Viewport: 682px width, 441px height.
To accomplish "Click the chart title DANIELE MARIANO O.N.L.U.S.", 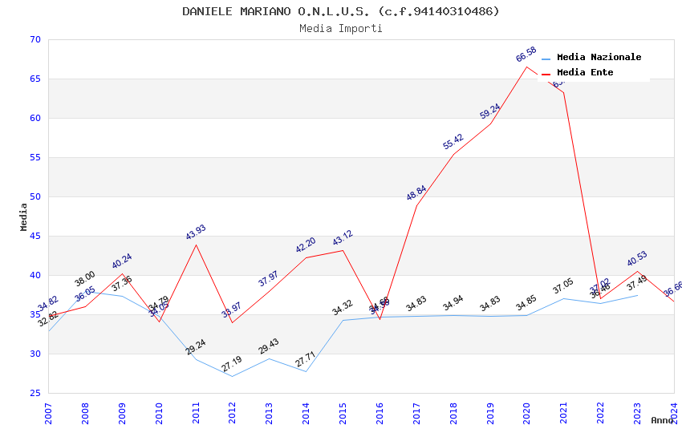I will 340,11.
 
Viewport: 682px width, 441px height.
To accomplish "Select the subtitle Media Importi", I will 340,29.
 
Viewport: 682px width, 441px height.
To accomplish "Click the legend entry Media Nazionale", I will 599,57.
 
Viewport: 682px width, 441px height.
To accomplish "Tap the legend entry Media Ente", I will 584,72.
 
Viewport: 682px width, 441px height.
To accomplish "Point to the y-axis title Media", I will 24,216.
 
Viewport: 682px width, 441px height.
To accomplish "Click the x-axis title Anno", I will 662,420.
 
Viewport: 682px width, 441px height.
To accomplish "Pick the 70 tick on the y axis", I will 34,40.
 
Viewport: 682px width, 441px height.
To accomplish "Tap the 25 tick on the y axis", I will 34,394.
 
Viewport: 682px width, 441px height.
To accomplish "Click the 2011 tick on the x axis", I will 196,414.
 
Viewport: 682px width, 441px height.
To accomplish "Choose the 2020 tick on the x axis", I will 527,414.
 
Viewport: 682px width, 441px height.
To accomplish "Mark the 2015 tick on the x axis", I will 343,414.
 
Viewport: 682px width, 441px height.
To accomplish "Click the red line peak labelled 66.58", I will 527,67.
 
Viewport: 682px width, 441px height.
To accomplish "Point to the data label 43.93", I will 196,233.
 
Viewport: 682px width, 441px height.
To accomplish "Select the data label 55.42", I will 453,142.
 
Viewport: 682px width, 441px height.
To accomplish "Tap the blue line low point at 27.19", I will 233,376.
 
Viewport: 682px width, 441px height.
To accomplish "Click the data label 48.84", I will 416,193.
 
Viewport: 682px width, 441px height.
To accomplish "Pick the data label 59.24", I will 490,111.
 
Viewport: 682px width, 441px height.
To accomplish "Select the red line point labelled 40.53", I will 638,271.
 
